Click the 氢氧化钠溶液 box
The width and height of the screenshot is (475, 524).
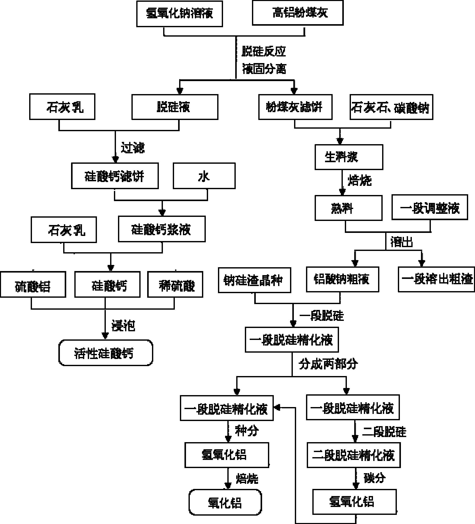point(179,13)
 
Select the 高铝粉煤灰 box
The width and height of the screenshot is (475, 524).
point(298,13)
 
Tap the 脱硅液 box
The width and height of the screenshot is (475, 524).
point(175,107)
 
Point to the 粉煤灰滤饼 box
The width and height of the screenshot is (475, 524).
point(295,107)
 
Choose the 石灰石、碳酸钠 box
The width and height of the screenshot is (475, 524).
point(391,107)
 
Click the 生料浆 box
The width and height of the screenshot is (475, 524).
point(349,157)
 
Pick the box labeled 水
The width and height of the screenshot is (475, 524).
point(204,176)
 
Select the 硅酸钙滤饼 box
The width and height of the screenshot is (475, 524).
point(115,176)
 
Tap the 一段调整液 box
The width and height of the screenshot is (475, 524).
point(430,207)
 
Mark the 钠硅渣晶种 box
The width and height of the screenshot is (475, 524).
point(254,280)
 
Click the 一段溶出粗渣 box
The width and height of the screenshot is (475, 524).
point(436,279)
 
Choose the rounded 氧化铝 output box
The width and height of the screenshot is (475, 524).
point(225,502)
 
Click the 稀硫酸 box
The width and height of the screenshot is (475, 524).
point(175,284)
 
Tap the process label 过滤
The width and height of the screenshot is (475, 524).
point(132,148)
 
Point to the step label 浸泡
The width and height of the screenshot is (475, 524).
point(123,325)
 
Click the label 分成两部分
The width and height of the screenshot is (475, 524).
point(328,364)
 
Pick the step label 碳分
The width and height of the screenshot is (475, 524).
point(374,478)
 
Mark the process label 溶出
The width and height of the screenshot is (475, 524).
point(402,242)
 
